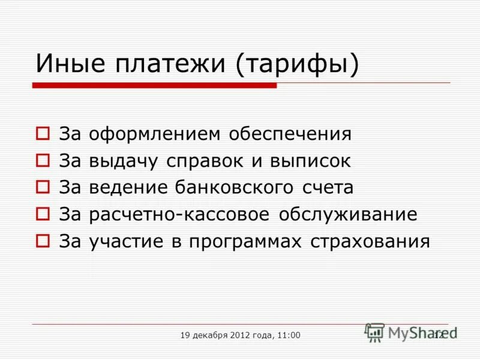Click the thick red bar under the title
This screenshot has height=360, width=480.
pos(154,86)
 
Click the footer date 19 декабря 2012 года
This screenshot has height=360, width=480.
pos(226,335)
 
